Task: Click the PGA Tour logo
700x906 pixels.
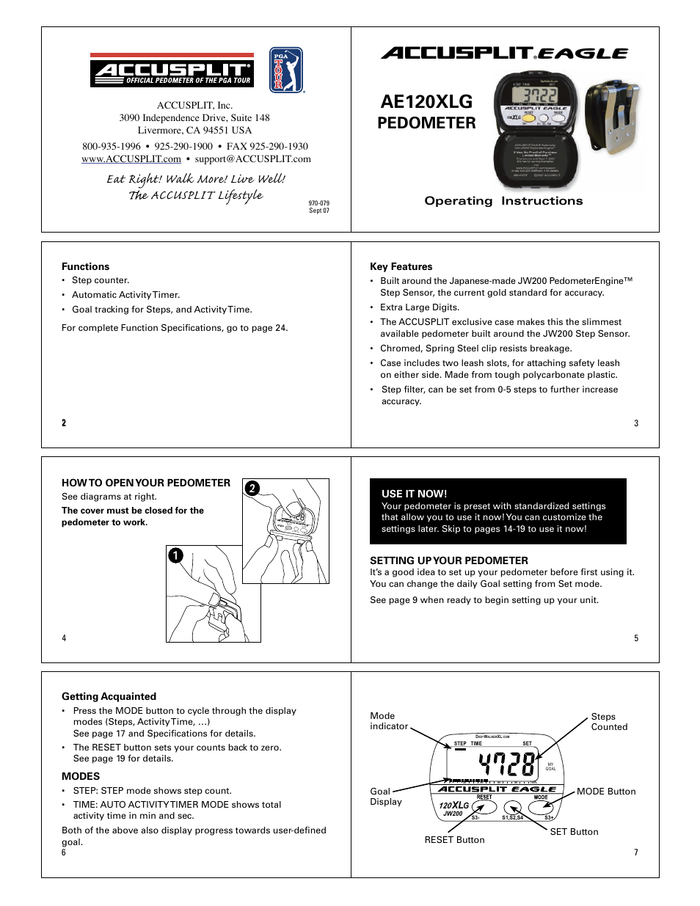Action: (x=286, y=70)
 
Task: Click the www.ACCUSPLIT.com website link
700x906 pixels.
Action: (x=131, y=159)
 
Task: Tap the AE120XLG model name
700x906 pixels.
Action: (x=426, y=102)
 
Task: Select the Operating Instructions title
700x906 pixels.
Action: (x=503, y=201)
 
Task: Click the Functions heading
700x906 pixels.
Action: (x=85, y=267)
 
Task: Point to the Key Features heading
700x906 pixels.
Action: (x=401, y=267)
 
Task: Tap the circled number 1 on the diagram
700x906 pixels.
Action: (x=175, y=555)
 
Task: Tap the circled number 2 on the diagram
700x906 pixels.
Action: (x=252, y=489)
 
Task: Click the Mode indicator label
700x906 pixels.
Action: (x=389, y=721)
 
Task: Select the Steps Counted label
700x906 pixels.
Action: (x=609, y=722)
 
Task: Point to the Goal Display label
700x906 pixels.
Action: (x=386, y=797)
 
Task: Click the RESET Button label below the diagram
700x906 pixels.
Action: (x=454, y=840)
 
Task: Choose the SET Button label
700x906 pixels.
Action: (x=574, y=832)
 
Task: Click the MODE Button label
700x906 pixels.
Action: (x=606, y=792)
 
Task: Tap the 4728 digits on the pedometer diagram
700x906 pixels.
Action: (x=506, y=764)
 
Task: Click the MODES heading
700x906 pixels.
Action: (x=81, y=776)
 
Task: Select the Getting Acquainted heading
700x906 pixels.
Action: (x=109, y=697)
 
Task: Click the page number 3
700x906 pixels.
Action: (x=636, y=423)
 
